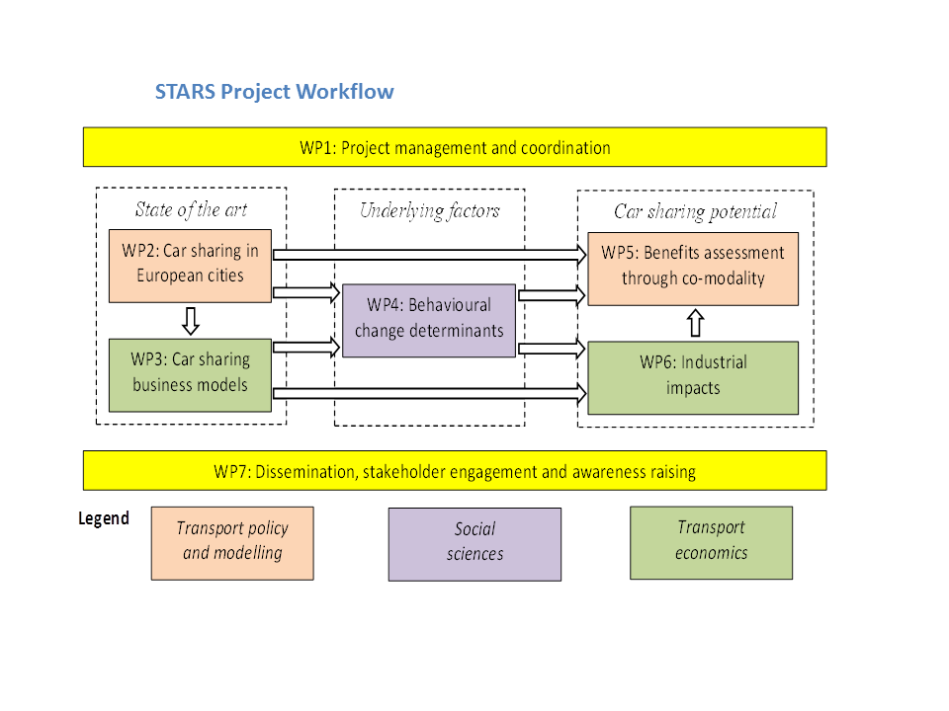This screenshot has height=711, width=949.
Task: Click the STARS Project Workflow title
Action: (274, 92)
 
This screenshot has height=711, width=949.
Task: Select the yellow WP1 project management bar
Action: (455, 148)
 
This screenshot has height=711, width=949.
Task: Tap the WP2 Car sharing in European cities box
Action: (190, 265)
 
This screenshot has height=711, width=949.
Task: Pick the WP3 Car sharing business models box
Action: (190, 373)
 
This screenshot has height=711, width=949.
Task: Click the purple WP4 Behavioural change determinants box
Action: (429, 319)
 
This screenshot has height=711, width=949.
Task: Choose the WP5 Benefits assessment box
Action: (692, 267)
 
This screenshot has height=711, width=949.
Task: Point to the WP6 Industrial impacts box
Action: (692, 376)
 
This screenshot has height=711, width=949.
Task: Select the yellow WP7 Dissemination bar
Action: (455, 471)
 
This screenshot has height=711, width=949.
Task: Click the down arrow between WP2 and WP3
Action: (191, 320)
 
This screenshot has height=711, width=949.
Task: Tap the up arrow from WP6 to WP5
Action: (694, 323)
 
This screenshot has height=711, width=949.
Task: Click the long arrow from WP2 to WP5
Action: (429, 255)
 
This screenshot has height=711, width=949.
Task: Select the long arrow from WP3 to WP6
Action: (429, 394)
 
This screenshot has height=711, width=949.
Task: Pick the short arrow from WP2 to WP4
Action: (306, 292)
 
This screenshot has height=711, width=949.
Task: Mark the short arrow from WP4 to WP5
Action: (552, 294)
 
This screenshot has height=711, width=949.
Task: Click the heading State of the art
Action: (191, 209)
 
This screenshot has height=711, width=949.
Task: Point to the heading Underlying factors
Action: (429, 210)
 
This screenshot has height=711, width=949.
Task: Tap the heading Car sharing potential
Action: (695, 211)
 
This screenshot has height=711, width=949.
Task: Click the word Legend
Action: (104, 518)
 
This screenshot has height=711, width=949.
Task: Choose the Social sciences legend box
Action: (474, 543)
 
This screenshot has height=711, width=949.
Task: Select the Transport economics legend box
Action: (711, 541)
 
